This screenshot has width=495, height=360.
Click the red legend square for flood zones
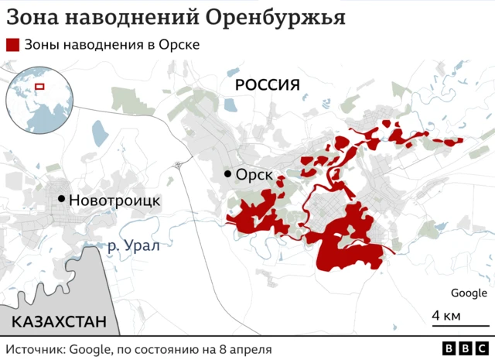[12, 45]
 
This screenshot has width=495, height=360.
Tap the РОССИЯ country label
[267, 85]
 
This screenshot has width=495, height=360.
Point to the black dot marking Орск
[227, 174]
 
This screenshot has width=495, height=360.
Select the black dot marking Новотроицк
[61, 199]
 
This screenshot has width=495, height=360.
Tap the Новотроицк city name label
[114, 200]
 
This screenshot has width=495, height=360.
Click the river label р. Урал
[133, 246]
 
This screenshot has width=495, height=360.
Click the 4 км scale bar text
[446, 316]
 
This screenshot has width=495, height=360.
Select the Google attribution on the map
[469, 293]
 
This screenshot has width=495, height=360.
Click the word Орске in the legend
[180, 45]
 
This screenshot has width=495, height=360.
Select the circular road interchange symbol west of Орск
[179, 164]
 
